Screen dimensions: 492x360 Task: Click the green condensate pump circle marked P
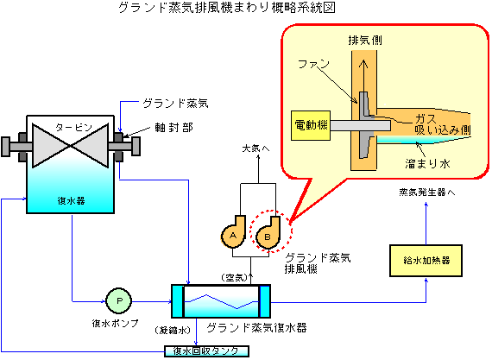pos(119,301)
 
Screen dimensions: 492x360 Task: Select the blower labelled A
pos(234,232)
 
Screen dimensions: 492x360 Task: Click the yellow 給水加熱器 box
pos(426,261)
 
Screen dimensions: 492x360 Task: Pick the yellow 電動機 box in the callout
pos(311,125)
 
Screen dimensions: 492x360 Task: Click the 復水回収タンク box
pos(207,351)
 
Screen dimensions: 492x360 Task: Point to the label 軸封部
pos(173,128)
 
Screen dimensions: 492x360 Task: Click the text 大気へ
pos(255,148)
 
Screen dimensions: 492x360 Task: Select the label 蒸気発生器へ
pos(427,192)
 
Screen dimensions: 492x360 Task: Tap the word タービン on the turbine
pos(73,127)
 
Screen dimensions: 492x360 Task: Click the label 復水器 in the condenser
pos(72,200)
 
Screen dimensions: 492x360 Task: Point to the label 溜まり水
pos(427,163)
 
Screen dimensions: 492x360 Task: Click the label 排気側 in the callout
pos(365,41)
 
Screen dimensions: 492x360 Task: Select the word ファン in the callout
pos(313,64)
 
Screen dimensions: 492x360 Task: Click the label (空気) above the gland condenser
pos(235,277)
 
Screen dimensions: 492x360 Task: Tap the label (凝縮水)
pos(173,330)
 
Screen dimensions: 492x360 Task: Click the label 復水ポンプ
pos(115,323)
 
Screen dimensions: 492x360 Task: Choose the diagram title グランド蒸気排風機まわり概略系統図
pos(227,7)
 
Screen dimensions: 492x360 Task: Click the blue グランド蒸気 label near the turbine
pos(175,104)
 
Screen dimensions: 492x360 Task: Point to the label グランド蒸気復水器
pos(256,328)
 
